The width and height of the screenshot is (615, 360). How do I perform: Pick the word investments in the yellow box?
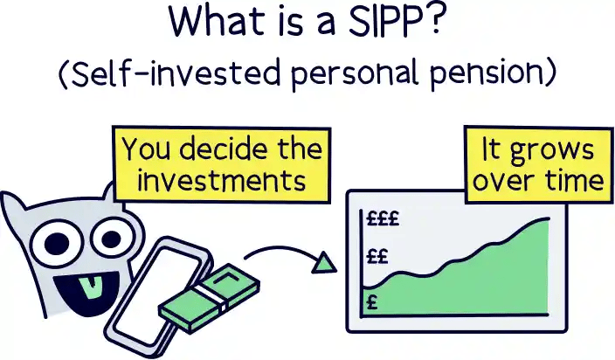(x=214, y=180)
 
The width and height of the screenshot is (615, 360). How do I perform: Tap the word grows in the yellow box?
(x=561, y=149)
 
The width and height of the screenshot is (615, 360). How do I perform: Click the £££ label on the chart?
(x=381, y=220)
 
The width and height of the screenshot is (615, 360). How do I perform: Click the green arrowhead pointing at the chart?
(x=325, y=261)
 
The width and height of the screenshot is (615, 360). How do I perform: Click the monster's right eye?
(x=111, y=236)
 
